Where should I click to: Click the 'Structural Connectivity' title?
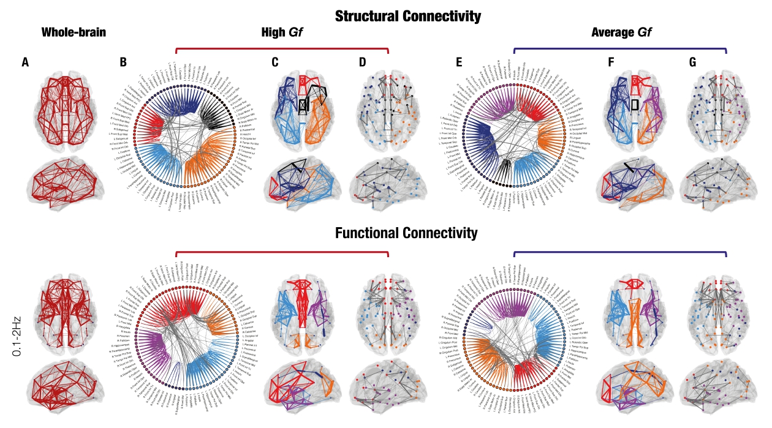tap(408, 16)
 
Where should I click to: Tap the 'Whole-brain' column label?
tap(74, 32)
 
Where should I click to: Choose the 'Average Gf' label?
tap(619, 32)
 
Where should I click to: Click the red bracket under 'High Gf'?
tap(282, 48)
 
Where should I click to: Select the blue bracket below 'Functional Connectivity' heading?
tap(619, 252)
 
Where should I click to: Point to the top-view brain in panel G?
tap(711, 110)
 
